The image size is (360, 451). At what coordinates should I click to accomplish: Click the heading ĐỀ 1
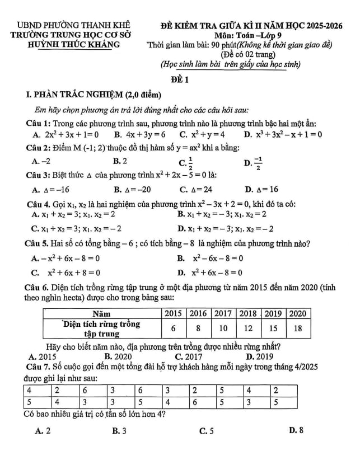coord(179,80)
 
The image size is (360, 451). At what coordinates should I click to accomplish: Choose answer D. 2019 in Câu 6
coord(260,356)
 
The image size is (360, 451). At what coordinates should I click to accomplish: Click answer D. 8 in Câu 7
coord(295,431)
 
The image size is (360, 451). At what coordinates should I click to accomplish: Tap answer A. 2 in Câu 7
coord(43,431)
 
